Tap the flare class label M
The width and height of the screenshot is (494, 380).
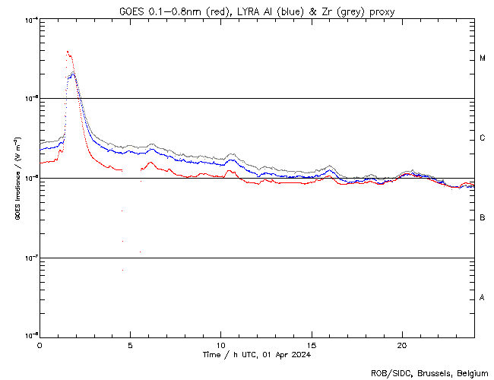[483, 59]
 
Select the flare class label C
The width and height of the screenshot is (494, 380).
[483, 138]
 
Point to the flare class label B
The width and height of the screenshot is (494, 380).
[483, 218]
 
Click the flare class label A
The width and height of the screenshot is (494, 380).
[483, 298]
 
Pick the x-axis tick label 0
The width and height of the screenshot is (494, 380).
[40, 344]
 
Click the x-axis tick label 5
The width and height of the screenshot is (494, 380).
[130, 344]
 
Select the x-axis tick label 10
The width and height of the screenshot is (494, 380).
[220, 344]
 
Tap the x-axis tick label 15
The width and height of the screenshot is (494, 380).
[312, 344]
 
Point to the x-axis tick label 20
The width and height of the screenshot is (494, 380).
[402, 344]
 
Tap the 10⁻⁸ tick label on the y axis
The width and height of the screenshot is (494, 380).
[30, 335]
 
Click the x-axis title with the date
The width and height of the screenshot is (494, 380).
[256, 355]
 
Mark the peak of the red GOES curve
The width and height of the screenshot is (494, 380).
[68, 52]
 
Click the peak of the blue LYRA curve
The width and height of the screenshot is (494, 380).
[72, 73]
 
